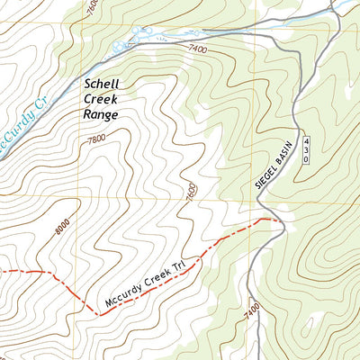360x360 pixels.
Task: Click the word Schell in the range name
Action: pos(101,84)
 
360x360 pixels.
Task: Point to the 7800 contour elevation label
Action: pos(95,139)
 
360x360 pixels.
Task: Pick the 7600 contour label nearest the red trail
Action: pos(191,192)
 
